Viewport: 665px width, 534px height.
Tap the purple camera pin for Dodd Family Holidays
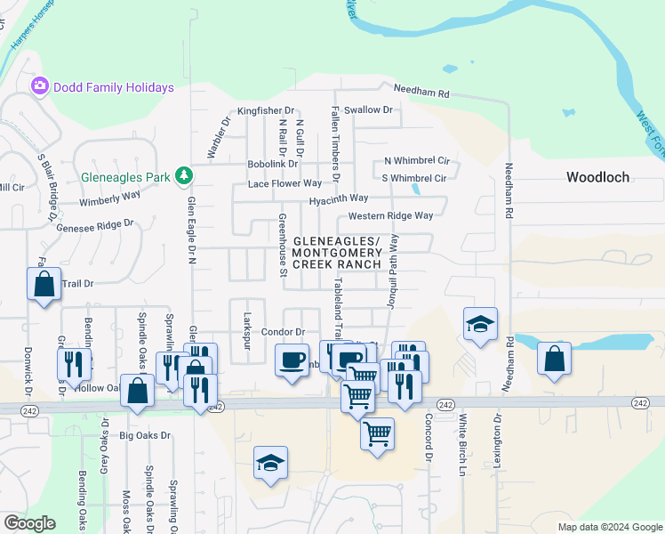point(39,87)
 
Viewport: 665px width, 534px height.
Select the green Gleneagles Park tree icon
point(183,176)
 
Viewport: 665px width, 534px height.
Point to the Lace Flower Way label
point(284,183)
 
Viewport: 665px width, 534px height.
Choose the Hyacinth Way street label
point(339,199)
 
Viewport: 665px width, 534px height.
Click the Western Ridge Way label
point(390,215)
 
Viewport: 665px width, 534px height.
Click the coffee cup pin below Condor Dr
point(292,361)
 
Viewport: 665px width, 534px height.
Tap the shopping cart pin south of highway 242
point(377,434)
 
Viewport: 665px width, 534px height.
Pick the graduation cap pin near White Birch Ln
point(479,325)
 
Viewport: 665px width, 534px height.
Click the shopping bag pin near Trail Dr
point(44,285)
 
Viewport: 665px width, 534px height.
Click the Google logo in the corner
point(29,523)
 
